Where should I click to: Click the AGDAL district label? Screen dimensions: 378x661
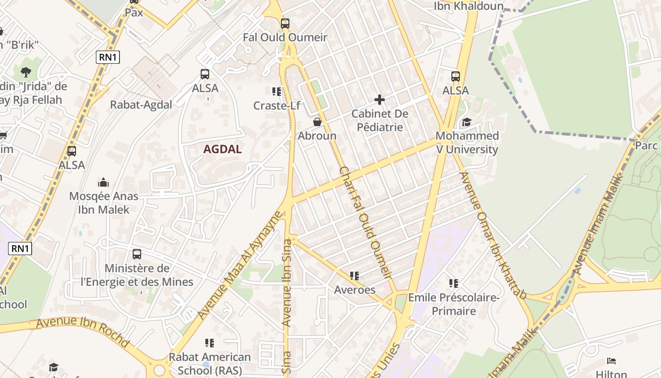[222, 149]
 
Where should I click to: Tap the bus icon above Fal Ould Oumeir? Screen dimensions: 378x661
[285, 23]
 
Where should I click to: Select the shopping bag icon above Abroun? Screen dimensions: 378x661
[317, 122]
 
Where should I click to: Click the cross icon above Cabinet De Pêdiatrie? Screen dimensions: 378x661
[380, 100]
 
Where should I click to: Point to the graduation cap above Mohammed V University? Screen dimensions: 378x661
[466, 122]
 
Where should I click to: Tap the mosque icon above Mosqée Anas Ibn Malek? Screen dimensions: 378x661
[103, 182]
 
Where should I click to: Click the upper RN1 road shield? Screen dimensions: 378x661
[108, 58]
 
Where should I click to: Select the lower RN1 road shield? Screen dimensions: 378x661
[20, 249]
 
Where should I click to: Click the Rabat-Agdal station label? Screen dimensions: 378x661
[141, 105]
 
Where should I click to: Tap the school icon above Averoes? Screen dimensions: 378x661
[355, 275]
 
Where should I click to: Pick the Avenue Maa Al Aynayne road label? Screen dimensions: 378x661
[240, 266]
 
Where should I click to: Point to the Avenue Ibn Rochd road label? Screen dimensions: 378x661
[83, 332]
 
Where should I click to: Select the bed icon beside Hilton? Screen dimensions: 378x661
[611, 361]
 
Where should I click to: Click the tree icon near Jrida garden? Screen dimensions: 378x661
[26, 72]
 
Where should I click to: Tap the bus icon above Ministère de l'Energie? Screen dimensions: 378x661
[137, 254]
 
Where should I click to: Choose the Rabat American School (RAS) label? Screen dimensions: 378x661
[210, 363]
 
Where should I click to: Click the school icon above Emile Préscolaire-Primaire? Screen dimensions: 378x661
[454, 283]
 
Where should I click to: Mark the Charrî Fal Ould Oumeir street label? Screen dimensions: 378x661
[366, 222]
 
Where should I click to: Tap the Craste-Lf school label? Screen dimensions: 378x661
[277, 105]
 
